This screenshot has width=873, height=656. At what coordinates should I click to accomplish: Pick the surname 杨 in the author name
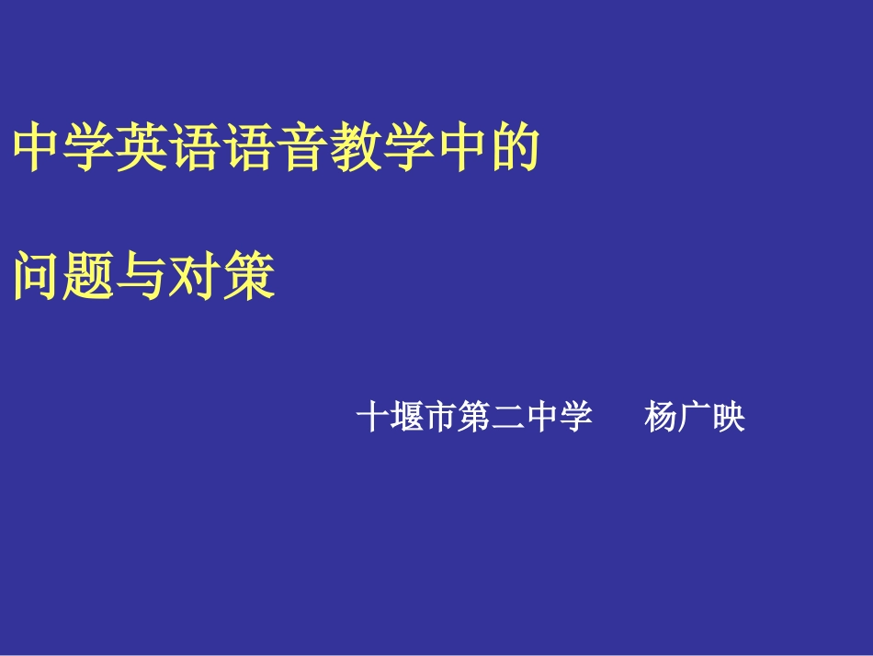[x=662, y=419]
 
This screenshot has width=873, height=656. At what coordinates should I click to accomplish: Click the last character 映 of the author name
[x=730, y=419]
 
